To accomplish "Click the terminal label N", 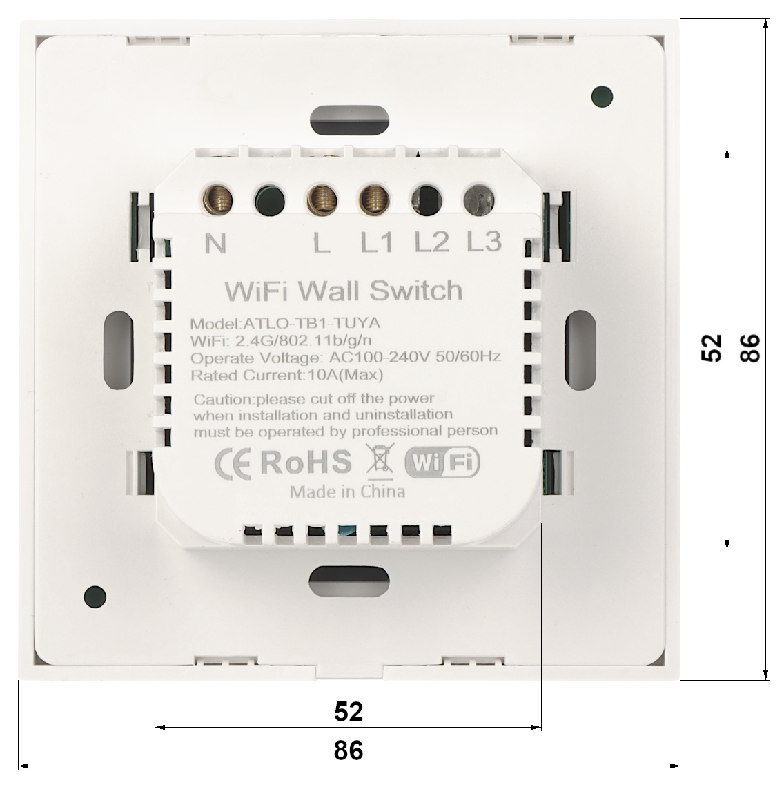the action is click(x=215, y=243).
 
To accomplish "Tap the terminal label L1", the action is click(x=377, y=243).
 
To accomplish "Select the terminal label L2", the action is click(x=431, y=242).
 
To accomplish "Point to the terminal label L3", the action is click(x=484, y=242).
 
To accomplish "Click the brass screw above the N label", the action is click(x=217, y=200).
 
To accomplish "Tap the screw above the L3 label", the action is click(x=479, y=200).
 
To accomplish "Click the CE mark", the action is click(x=233, y=463).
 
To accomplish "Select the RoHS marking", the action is click(x=306, y=462).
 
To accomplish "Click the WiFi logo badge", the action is click(x=442, y=462).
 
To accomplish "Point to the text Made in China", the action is click(x=347, y=492).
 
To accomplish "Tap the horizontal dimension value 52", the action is click(x=349, y=711).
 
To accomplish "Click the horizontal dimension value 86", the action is click(x=349, y=750).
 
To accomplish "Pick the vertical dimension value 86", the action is click(x=750, y=349).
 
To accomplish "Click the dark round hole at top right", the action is click(x=602, y=97).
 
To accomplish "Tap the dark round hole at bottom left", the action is click(x=95, y=597).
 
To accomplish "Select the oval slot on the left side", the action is click(x=119, y=350).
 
